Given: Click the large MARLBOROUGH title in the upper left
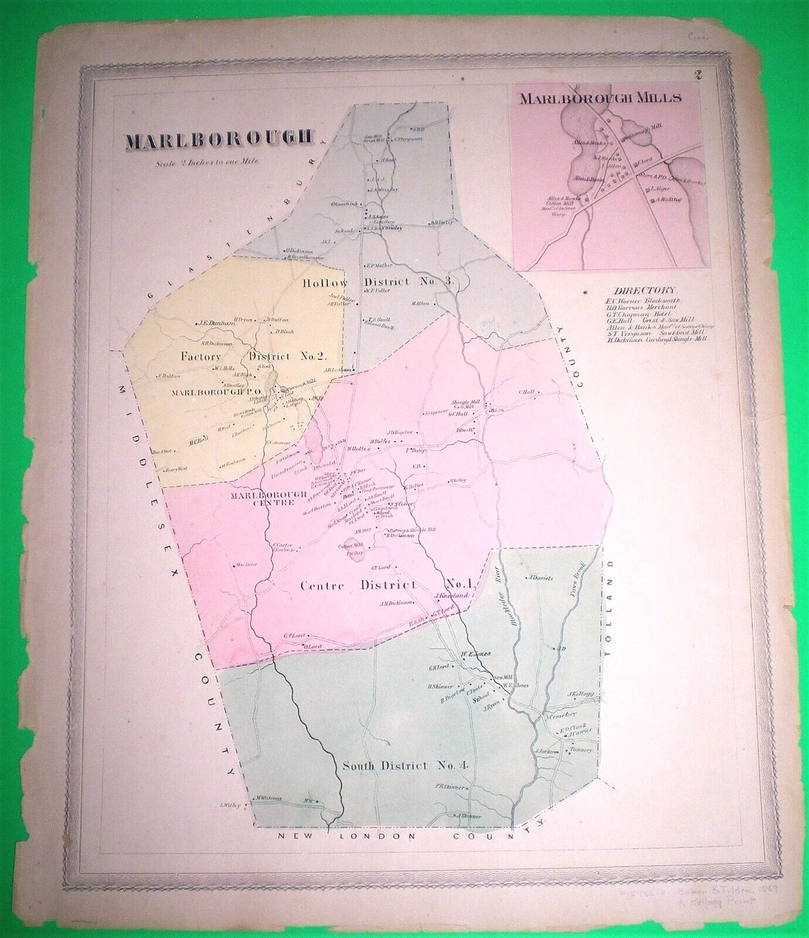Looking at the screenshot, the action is (220, 141).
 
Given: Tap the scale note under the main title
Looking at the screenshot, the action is (209, 162).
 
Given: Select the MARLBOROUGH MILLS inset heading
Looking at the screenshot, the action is (601, 98).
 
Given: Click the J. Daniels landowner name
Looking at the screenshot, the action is (539, 578).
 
